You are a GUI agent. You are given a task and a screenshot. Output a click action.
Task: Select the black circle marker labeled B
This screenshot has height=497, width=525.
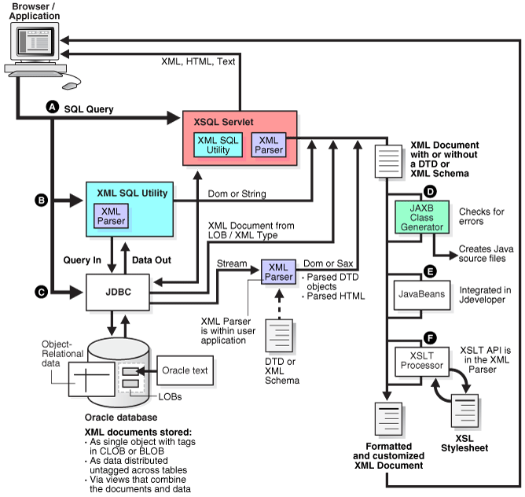40,201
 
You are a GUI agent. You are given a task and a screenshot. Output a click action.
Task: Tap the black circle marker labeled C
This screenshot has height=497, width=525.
40,293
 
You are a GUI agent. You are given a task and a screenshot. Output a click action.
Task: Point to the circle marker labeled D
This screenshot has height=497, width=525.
430,191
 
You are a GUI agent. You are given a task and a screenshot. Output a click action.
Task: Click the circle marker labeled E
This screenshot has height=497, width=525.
429,269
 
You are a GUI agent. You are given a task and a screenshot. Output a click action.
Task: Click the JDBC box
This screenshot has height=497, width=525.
117,293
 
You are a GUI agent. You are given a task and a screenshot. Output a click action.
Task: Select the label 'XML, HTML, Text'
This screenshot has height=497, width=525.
198,61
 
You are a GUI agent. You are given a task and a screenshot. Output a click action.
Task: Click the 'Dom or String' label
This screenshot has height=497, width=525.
237,193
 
